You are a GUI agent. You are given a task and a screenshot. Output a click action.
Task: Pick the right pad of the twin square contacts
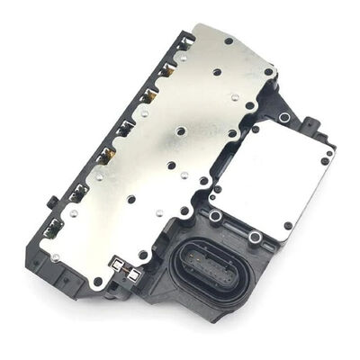pos(134,270)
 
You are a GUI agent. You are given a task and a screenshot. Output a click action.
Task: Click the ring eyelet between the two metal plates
pos(216,216)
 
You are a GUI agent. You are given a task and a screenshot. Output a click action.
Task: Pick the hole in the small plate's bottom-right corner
pos(287,226)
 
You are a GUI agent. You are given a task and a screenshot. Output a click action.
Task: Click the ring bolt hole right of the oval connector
pos(255,237)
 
